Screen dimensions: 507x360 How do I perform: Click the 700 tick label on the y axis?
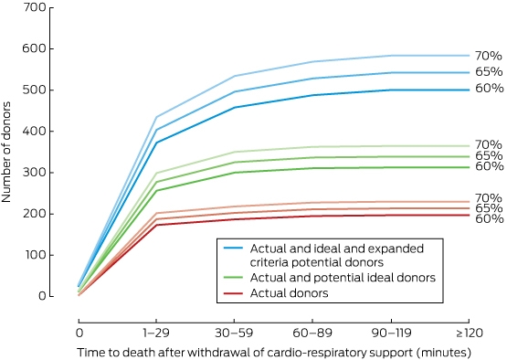point(35,7)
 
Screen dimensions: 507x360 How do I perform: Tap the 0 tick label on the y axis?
point(42,296)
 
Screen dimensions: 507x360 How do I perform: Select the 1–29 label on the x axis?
point(156,333)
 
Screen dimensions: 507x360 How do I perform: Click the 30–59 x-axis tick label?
point(234,333)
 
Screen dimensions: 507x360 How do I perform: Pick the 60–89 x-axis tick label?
point(312,333)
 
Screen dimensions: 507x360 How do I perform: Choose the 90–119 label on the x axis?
point(391,333)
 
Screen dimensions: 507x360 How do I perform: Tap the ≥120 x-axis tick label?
point(470,333)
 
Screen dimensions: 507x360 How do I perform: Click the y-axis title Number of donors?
point(6,152)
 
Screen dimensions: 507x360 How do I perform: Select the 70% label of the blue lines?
point(489,56)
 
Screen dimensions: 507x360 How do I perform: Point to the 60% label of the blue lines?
point(489,88)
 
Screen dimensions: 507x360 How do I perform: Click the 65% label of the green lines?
point(489,155)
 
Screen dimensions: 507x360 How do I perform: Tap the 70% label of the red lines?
point(489,197)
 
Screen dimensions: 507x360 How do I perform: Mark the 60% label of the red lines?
point(489,218)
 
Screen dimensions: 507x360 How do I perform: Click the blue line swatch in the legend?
point(233,249)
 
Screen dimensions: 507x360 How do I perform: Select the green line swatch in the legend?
point(233,278)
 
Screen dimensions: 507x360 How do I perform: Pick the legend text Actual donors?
point(289,293)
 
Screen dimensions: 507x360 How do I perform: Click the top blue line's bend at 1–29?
point(156,117)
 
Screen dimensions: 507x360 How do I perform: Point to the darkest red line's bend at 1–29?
point(156,225)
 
